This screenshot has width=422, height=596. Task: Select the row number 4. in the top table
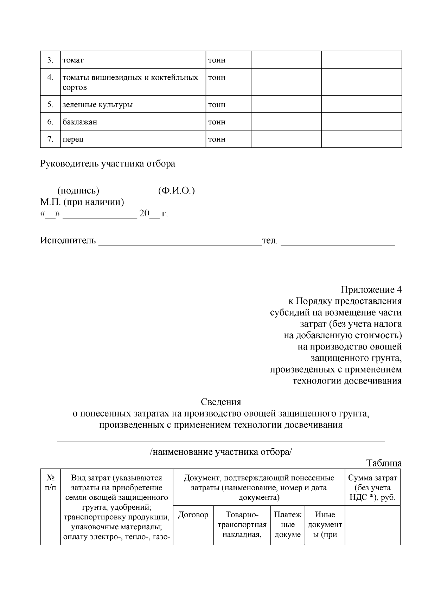(x=50, y=77)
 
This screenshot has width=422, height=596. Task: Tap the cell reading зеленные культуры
(x=98, y=105)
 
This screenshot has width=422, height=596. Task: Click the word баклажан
(x=80, y=122)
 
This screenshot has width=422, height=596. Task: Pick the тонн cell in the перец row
(x=217, y=139)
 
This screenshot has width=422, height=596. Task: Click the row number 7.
(x=50, y=139)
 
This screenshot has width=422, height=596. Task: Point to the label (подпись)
(x=78, y=191)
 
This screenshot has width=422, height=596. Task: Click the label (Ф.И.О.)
(x=177, y=191)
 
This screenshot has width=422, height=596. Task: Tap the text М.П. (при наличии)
(x=82, y=202)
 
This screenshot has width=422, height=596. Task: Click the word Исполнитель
(x=68, y=241)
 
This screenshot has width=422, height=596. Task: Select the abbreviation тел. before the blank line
(x=270, y=241)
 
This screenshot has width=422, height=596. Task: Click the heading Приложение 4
(x=371, y=290)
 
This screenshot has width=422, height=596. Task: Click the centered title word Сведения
(x=221, y=402)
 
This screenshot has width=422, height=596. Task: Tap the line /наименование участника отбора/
(x=221, y=452)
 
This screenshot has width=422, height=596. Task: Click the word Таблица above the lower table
(x=384, y=463)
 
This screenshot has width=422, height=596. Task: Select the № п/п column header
(x=50, y=483)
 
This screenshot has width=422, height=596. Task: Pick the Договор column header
(x=193, y=515)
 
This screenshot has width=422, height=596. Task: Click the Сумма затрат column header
(x=372, y=487)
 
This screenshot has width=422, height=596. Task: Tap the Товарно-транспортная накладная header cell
(x=242, y=525)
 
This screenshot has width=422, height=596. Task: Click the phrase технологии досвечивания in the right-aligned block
(x=347, y=381)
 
